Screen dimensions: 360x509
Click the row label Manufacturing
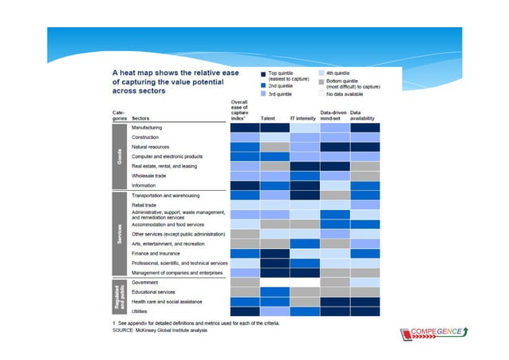coord(147,128)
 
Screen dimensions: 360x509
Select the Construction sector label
coord(145,137)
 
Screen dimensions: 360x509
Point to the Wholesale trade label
coord(149,176)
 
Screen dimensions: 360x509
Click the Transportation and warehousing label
coord(165,195)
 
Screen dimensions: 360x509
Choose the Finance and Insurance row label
coord(155,253)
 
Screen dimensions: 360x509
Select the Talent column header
coord(269,118)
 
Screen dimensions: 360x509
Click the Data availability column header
coord(365,116)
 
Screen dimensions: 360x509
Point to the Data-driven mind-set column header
coord(334,116)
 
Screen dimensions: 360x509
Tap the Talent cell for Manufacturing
coord(274,128)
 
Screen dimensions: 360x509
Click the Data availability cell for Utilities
coord(365,311)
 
